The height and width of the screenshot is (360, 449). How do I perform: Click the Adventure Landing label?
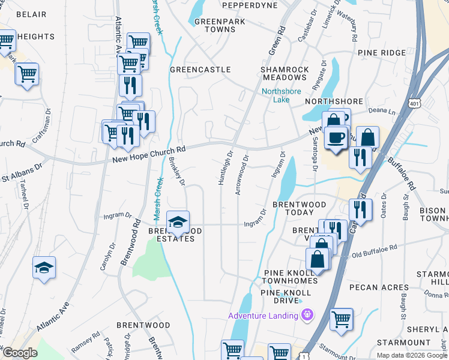(263, 316)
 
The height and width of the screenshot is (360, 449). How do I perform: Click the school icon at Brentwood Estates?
(178, 223)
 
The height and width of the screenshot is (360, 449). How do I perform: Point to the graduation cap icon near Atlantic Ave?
(44, 268)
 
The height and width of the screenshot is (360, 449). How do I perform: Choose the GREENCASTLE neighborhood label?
(200, 70)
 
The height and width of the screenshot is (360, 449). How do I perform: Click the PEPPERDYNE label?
(250, 5)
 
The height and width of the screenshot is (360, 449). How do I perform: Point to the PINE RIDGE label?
(382, 53)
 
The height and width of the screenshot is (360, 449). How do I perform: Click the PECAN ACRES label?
(379, 287)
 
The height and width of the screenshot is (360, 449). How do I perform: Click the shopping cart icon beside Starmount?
(341, 320)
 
